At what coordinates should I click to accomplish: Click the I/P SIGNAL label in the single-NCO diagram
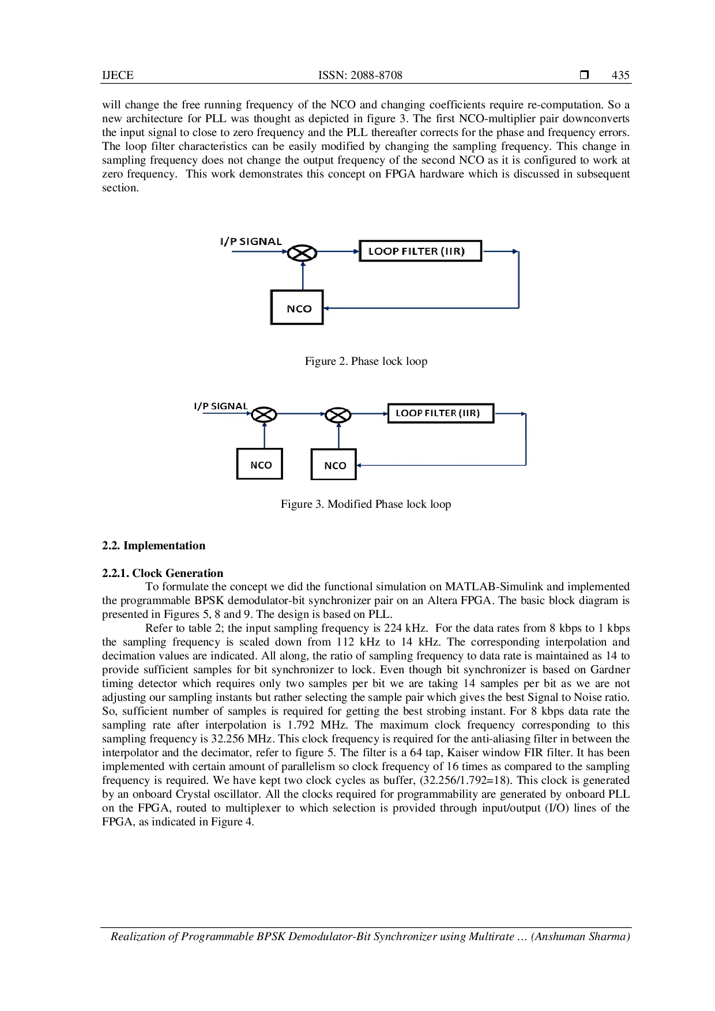(251, 242)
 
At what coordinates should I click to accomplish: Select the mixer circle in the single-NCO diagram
(302, 252)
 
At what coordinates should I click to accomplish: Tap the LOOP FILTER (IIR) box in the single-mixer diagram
(420, 251)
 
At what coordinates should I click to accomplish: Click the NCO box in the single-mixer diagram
(296, 307)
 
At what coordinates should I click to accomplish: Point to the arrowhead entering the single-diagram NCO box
(326, 308)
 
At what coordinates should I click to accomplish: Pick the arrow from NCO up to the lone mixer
(303, 275)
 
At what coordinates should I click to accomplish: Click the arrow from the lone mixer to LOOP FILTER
(337, 251)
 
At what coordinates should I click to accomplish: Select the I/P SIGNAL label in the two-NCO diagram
(220, 406)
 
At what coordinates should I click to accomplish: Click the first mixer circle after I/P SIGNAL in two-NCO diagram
(264, 414)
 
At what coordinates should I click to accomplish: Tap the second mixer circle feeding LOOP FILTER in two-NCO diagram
(338, 414)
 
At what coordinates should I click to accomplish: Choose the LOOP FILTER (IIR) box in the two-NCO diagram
(441, 413)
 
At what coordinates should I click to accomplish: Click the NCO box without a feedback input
(259, 464)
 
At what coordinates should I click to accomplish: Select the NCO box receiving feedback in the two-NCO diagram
(334, 465)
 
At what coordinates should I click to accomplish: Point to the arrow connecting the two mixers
(301, 414)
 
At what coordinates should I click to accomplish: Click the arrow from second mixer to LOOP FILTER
(369, 414)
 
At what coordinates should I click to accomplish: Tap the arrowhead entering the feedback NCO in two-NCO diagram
(359, 465)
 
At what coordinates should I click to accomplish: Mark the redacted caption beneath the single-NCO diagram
(367, 362)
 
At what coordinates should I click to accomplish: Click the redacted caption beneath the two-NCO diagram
(364, 505)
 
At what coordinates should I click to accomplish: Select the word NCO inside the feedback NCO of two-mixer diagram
(335, 466)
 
